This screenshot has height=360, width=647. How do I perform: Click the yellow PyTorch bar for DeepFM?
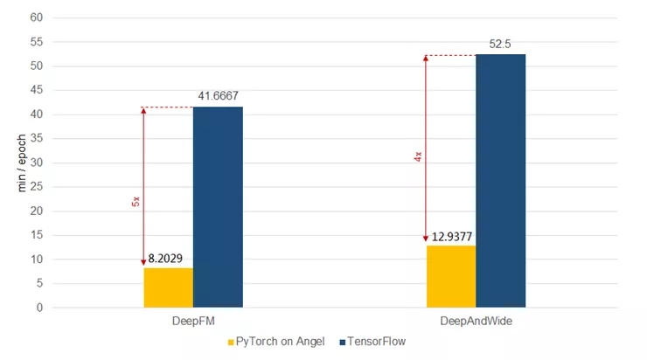[168, 287]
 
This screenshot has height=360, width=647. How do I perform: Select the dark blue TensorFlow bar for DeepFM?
[218, 207]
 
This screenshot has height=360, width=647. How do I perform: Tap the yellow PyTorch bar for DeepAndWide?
[451, 276]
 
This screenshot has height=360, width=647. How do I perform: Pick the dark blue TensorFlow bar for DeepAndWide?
[501, 181]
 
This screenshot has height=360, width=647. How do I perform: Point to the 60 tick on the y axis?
[38, 17]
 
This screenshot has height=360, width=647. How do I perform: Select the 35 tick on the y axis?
[38, 139]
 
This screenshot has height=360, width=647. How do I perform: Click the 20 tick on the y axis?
[38, 211]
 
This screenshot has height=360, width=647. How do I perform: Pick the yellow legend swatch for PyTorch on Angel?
[231, 342]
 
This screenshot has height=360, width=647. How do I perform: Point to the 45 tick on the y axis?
[38, 90]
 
